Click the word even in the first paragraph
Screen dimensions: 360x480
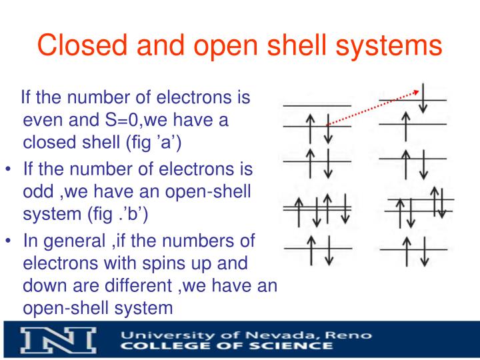click(41, 121)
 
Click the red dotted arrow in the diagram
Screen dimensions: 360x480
click(373, 109)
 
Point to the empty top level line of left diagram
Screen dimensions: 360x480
click(317, 105)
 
